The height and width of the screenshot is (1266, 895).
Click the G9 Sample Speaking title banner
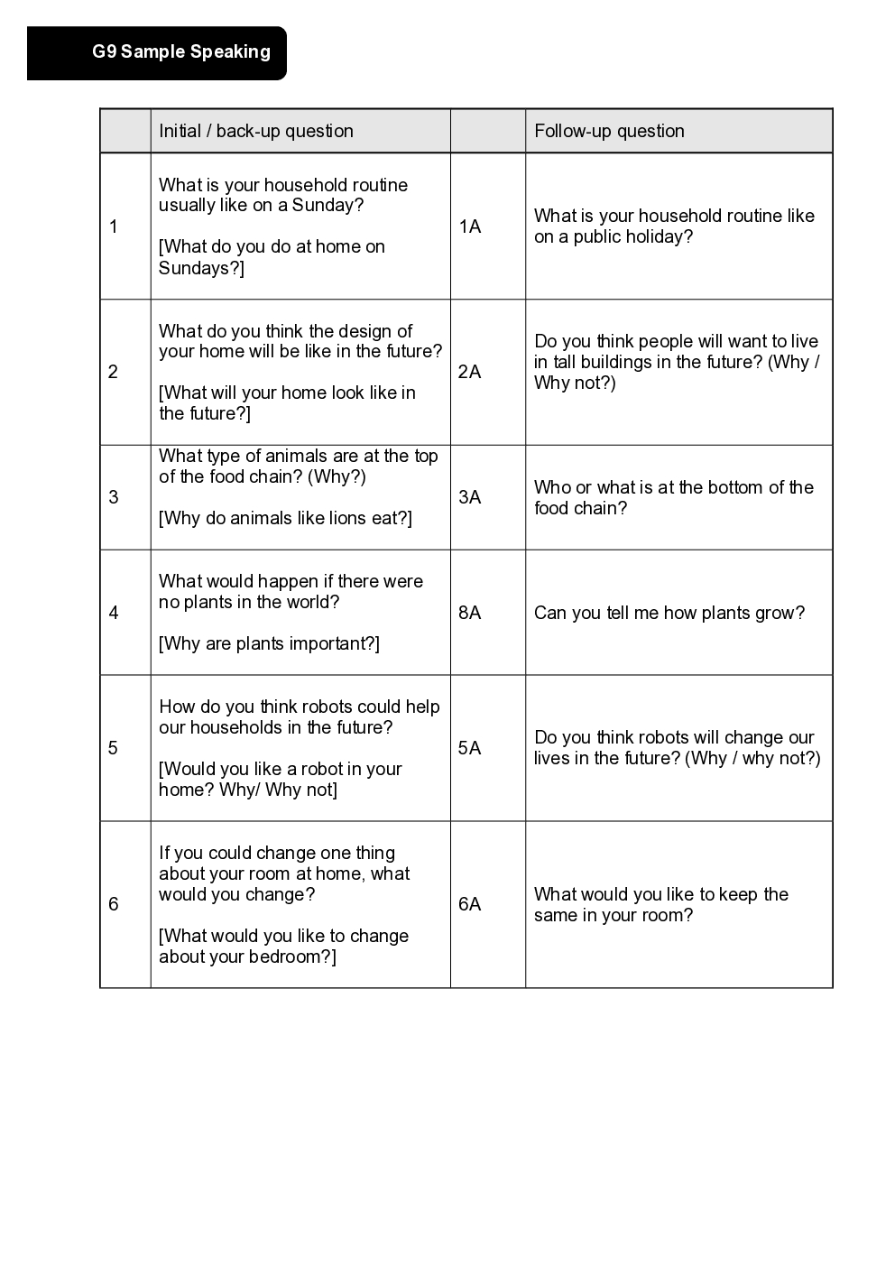[180, 52]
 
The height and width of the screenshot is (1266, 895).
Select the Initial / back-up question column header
[256, 131]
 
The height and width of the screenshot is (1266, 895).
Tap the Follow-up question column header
[609, 131]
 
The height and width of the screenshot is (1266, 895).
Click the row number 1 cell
[114, 226]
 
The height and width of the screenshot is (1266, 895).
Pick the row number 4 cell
[114, 613]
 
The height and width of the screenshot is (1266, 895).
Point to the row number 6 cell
[114, 904]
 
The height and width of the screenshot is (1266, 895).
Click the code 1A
[470, 226]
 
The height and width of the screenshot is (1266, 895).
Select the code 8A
[470, 613]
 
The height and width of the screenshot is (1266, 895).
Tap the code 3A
[470, 497]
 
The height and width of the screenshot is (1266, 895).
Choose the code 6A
[470, 904]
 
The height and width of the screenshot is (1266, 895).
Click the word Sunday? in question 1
[328, 206]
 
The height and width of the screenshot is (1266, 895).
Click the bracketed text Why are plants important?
[269, 643]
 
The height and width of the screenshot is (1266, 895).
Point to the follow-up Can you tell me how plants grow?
[669, 613]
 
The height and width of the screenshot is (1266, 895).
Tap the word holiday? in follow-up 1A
[655, 236]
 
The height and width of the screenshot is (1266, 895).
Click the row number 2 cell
[114, 372]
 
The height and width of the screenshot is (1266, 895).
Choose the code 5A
[470, 748]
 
